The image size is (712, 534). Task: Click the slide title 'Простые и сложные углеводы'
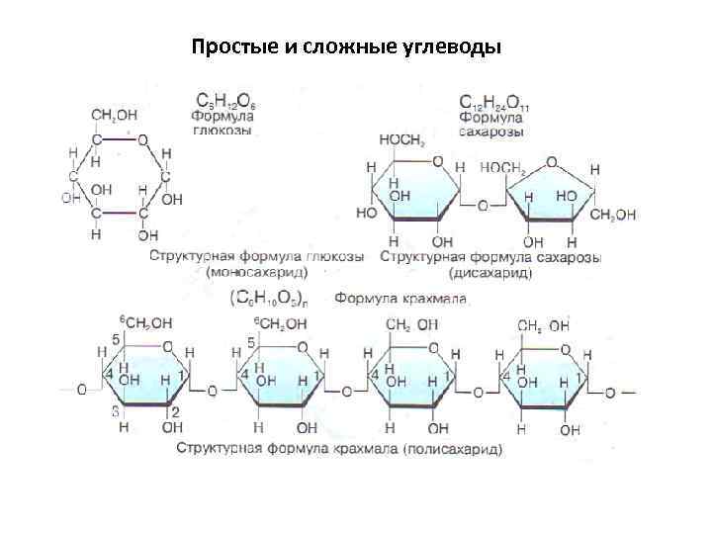click(x=346, y=46)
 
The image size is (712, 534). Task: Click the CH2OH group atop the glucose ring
click(x=115, y=115)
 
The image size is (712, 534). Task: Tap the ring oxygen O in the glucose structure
click(x=142, y=139)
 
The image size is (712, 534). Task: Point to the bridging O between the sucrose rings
click(x=483, y=206)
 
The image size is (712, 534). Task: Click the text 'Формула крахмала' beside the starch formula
click(x=400, y=297)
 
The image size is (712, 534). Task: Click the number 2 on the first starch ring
click(x=174, y=410)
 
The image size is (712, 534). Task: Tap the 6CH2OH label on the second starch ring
click(x=282, y=323)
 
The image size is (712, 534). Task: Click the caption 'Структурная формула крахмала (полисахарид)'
click(x=339, y=448)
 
